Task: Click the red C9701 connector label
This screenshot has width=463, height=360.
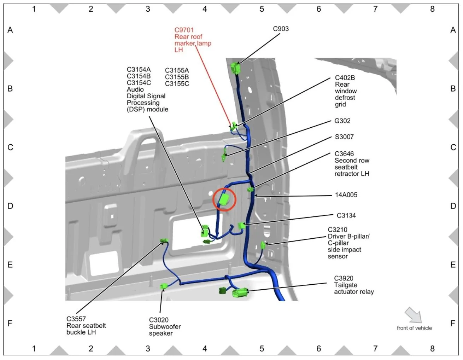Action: (x=184, y=30)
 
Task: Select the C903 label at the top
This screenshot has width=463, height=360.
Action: (x=281, y=29)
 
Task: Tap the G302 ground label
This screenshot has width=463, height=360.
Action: (x=342, y=121)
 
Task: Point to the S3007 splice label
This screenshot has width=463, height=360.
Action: (x=344, y=137)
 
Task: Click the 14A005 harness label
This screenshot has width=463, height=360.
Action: (x=346, y=195)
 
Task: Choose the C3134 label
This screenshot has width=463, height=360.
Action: (x=346, y=215)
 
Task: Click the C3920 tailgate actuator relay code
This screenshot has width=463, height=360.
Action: (x=344, y=278)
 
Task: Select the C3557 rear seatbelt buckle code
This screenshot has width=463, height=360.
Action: (x=76, y=319)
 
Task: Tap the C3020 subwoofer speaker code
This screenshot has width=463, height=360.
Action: (x=159, y=320)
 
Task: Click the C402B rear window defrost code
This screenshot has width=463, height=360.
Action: (x=345, y=78)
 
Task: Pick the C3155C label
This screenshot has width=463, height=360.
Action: (x=177, y=84)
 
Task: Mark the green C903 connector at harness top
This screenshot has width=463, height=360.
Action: (x=235, y=68)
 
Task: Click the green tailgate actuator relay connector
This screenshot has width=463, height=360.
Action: (x=240, y=292)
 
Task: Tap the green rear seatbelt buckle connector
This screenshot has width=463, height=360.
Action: (x=164, y=241)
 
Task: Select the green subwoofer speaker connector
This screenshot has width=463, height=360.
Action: (x=164, y=286)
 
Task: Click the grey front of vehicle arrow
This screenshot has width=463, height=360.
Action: (x=413, y=315)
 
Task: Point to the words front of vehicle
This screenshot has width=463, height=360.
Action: (x=414, y=328)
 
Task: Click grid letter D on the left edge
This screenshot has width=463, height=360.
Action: (x=10, y=206)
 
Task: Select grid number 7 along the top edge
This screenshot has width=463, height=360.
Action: (x=375, y=9)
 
